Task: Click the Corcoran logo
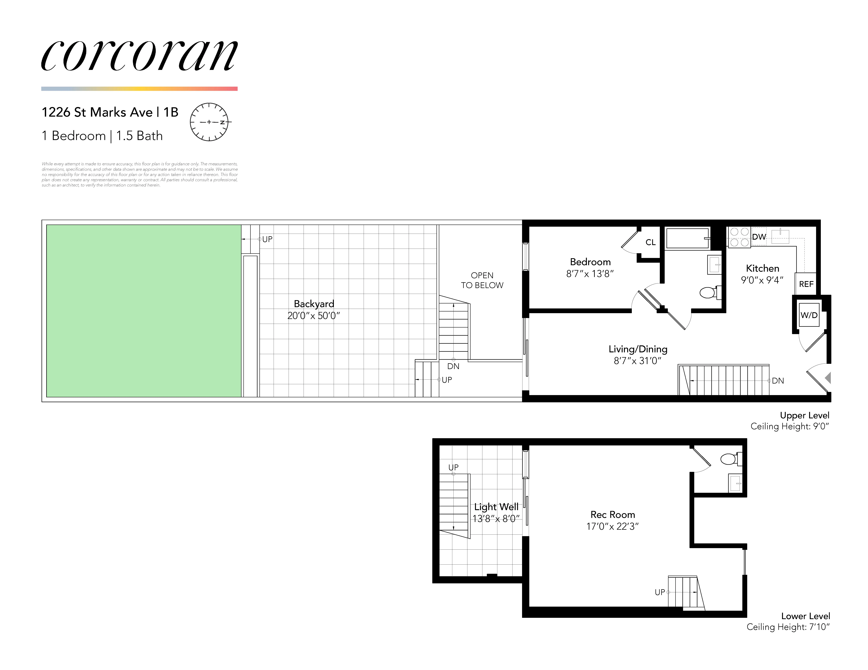tap(139, 56)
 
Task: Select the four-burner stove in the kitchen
tap(739, 237)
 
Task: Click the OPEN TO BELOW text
tap(482, 280)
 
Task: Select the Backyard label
tap(314, 304)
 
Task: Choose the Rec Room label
tap(612, 514)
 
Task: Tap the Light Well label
tap(496, 507)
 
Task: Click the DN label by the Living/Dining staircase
tap(778, 381)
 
